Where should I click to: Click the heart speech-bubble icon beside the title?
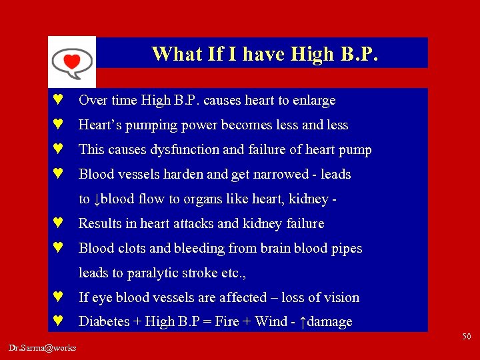[71, 62]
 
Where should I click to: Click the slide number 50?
[466, 337]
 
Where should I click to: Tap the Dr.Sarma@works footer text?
[43, 347]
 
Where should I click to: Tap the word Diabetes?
[103, 322]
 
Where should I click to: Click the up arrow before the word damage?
[303, 323]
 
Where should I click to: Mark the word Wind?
[271, 322]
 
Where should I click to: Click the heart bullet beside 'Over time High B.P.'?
[58, 101]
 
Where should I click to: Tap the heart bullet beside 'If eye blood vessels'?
[58, 297]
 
